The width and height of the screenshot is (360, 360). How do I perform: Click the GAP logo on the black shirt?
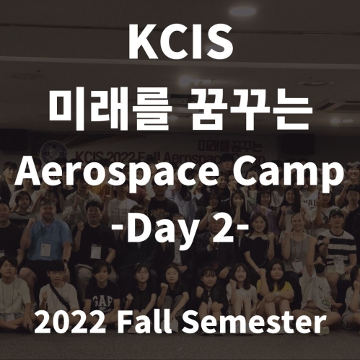(x=102, y=302)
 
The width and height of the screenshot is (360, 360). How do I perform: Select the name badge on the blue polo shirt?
(x=45, y=250)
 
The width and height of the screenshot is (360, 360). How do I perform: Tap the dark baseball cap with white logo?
(x=335, y=213)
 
